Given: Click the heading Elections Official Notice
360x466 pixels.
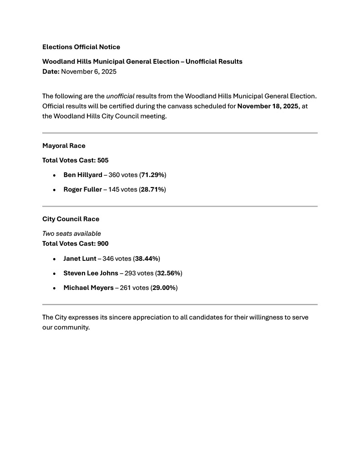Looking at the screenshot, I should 81,47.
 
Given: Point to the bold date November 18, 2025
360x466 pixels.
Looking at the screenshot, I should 268,106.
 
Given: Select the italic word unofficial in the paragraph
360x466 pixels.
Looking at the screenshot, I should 120,96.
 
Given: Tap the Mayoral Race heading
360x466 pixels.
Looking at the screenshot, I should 64,146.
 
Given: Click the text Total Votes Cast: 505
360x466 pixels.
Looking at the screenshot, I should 75,160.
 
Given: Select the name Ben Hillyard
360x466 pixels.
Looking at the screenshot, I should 83,175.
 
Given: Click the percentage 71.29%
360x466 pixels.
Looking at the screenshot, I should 153,175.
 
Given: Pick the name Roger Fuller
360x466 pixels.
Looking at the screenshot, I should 82,189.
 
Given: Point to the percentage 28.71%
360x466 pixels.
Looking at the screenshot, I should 153,189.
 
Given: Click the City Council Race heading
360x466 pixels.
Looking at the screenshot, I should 71,219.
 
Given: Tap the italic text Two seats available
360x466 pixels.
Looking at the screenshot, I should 71,233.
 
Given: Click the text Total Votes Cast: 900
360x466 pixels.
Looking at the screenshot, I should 75,243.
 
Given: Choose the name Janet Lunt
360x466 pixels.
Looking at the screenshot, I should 80,258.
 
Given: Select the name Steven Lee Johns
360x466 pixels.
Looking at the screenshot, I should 91,273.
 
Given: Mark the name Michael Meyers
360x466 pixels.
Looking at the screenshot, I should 88,288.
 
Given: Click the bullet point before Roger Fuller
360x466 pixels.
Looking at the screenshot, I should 54,190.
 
